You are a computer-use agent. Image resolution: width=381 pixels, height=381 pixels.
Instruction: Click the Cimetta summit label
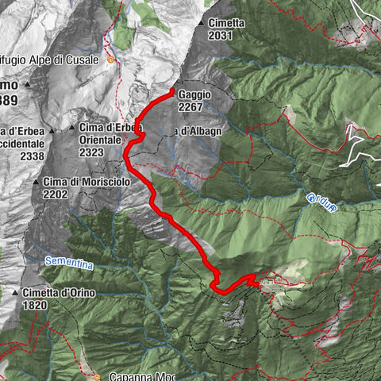tap(228, 23)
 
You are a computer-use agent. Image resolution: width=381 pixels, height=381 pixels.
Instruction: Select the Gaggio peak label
tap(196, 94)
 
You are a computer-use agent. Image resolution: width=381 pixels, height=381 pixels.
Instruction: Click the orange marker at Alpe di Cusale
tap(111, 59)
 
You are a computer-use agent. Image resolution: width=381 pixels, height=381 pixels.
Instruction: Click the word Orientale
tap(100, 139)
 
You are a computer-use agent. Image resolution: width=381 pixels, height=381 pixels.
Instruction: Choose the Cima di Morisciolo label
tap(86, 182)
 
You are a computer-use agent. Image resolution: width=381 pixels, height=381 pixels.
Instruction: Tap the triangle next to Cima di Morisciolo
tap(36, 183)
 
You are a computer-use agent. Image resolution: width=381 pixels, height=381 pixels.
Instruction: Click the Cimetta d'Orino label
tap(59, 293)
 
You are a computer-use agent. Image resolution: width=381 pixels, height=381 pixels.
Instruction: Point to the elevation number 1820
tap(35, 304)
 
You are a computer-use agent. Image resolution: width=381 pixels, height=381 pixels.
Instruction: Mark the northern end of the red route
tap(172, 93)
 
